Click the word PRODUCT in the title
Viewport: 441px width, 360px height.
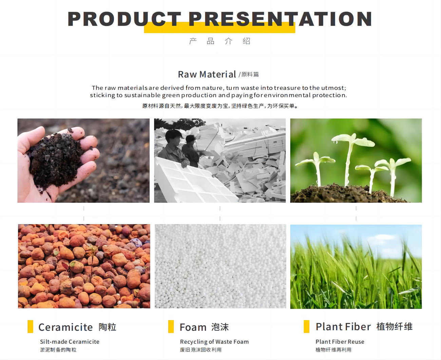click(124, 19)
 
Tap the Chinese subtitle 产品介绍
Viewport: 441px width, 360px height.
click(220, 41)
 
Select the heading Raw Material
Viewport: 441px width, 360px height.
click(207, 74)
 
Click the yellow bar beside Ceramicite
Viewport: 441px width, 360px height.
click(30, 326)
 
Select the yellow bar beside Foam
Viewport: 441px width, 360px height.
click(171, 326)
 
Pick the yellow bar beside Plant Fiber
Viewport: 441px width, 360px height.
click(307, 326)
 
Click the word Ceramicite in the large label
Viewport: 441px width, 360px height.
click(65, 327)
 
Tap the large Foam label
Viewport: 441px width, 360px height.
click(193, 327)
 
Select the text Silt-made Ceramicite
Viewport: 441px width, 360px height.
click(70, 342)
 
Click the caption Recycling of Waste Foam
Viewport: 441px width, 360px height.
click(214, 342)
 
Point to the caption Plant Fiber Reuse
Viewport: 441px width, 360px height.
click(340, 342)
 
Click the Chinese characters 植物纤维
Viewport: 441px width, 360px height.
click(395, 326)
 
